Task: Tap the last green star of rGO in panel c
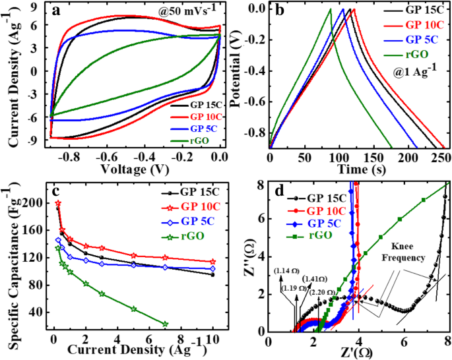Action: click(x=165, y=324)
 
